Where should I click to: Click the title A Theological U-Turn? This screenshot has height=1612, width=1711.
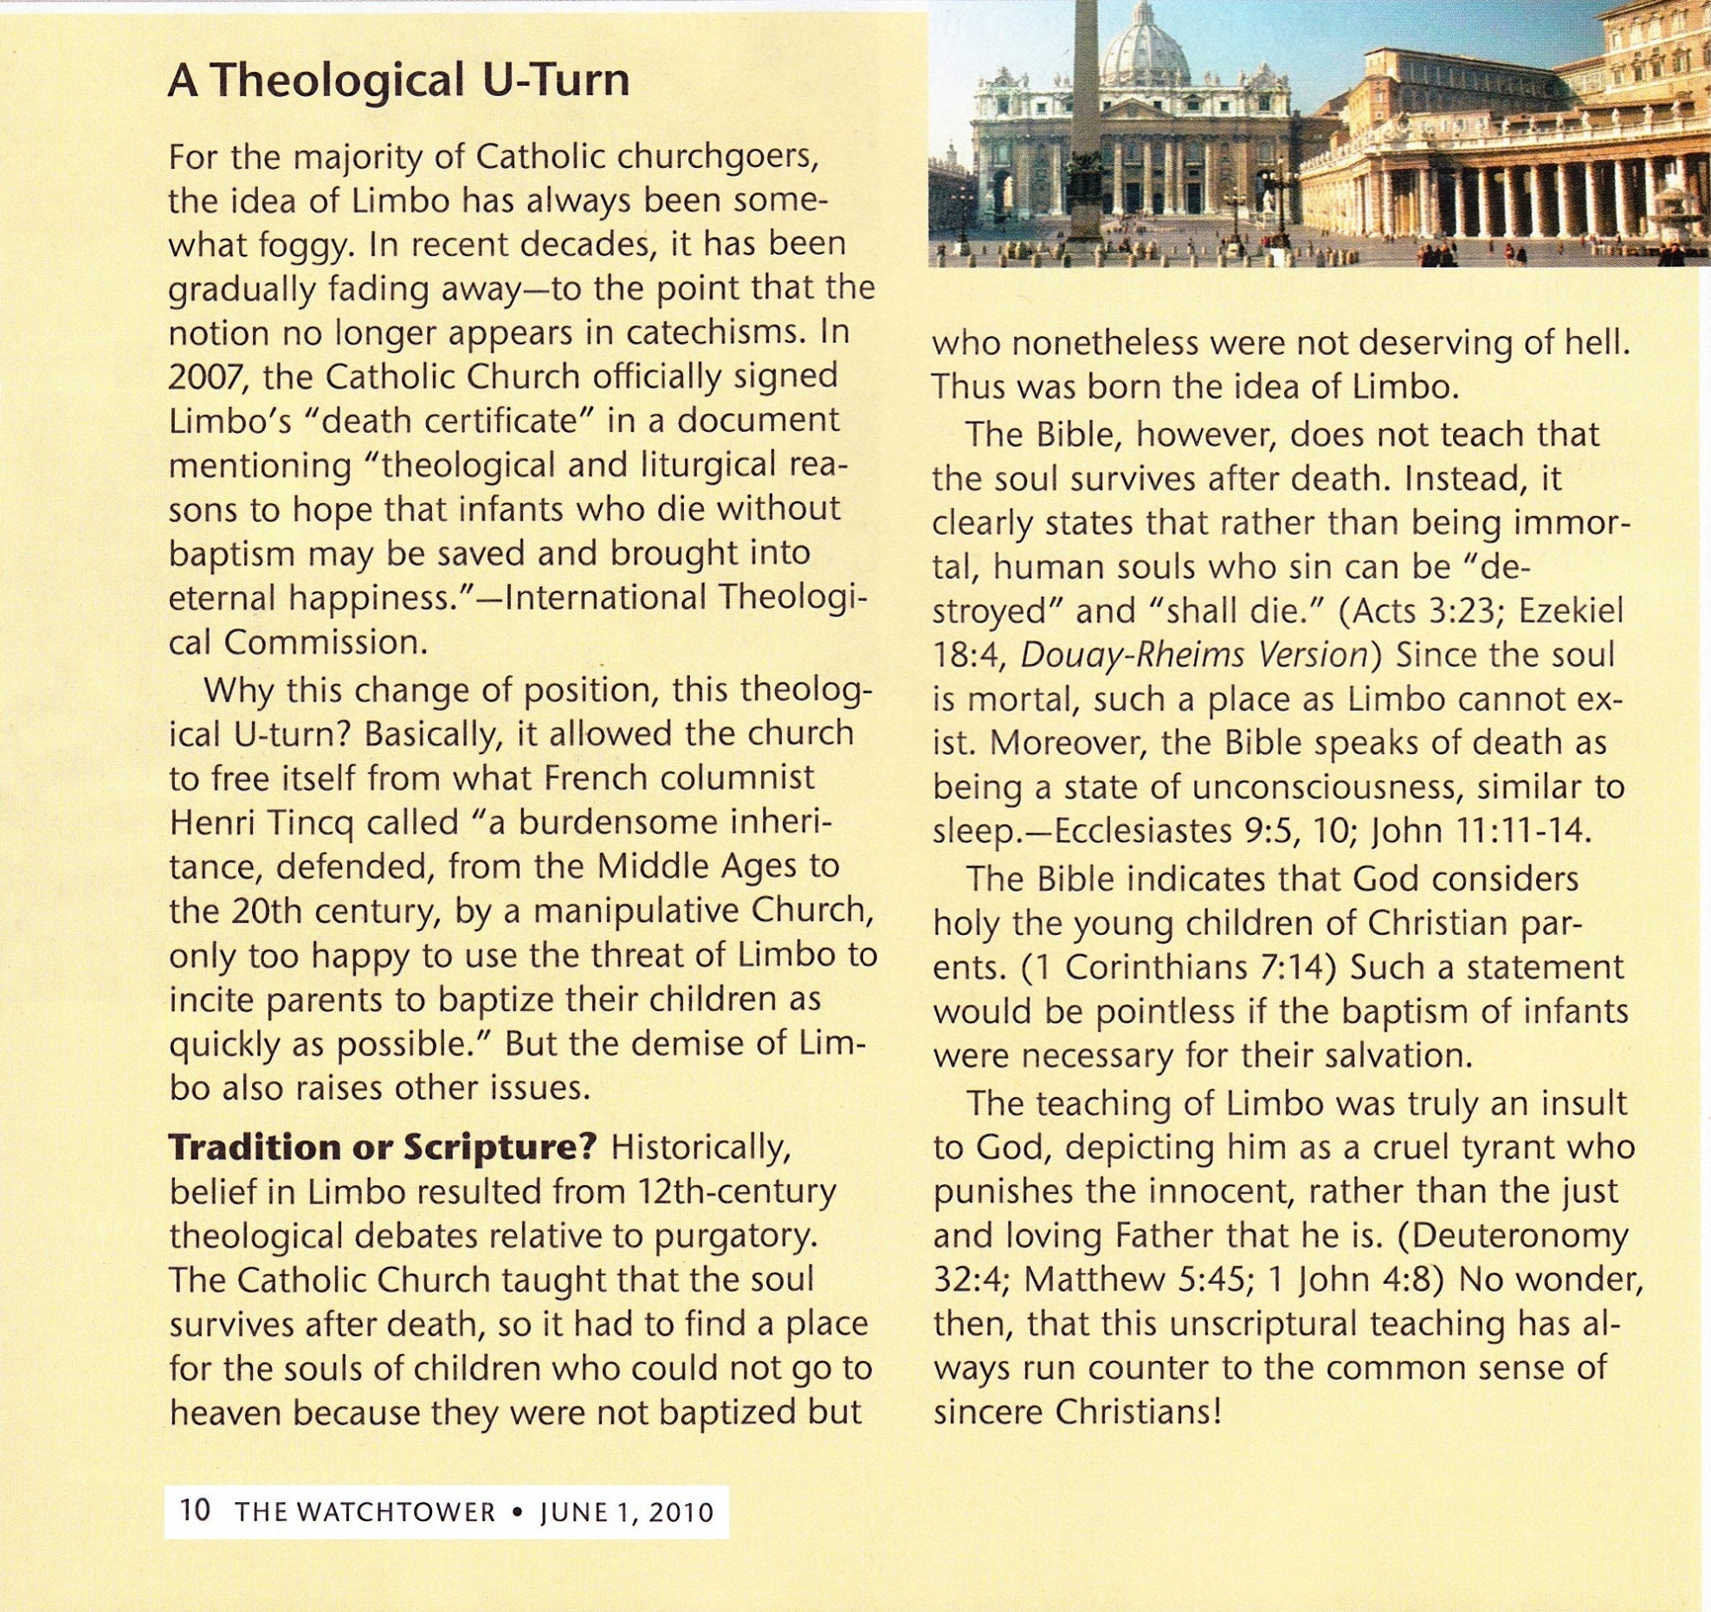click(398, 81)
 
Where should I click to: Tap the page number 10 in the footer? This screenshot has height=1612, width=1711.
click(195, 1510)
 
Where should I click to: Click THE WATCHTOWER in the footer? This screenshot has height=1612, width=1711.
click(365, 1512)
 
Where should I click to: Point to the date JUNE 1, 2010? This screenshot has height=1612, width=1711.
click(627, 1512)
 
